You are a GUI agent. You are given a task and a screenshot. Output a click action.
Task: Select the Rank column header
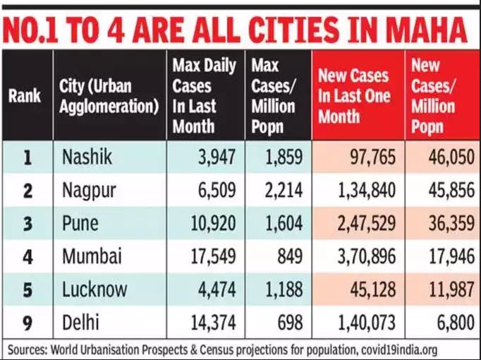25,96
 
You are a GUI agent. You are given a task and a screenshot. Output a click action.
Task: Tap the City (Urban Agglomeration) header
109,96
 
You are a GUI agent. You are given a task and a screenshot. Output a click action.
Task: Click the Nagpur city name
90,191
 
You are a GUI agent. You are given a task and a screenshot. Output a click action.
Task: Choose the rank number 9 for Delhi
27,323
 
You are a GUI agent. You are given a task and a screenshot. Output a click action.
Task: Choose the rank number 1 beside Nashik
27,157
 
